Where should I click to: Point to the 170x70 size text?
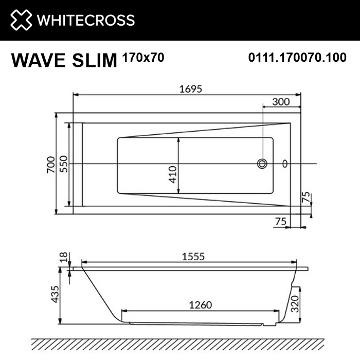point(143,58)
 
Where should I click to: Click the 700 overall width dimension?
point(50,164)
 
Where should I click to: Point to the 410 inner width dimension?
point(173,174)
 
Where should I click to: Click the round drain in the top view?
point(262,164)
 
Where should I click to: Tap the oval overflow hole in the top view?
point(286,164)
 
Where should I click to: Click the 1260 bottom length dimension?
point(197,304)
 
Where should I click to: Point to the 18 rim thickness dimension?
point(63,257)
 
